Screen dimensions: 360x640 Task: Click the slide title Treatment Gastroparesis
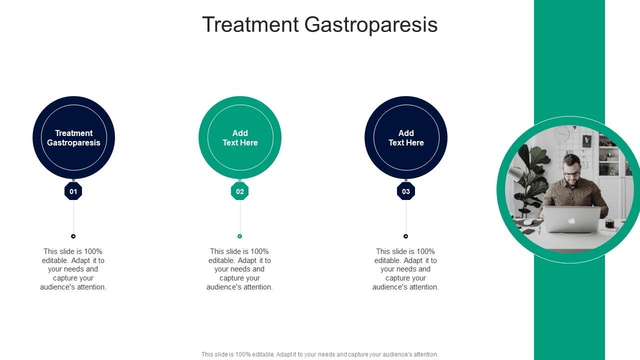319,24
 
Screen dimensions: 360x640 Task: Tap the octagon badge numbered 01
73,191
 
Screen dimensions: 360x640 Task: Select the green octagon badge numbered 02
240,191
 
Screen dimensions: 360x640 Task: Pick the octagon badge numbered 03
406,191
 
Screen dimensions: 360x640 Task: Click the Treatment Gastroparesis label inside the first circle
73,137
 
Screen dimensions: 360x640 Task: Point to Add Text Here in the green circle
240,137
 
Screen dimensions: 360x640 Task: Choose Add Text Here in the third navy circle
406,137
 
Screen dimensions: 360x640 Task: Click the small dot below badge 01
73,236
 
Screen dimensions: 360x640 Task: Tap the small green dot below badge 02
240,236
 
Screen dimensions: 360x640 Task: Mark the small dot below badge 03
406,236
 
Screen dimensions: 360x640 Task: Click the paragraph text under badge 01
73,269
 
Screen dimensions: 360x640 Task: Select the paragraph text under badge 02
240,269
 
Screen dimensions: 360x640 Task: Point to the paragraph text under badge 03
406,269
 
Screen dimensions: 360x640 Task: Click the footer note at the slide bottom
319,354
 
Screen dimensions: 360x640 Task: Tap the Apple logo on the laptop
571,220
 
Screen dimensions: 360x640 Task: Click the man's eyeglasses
571,174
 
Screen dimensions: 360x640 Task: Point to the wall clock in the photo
561,133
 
